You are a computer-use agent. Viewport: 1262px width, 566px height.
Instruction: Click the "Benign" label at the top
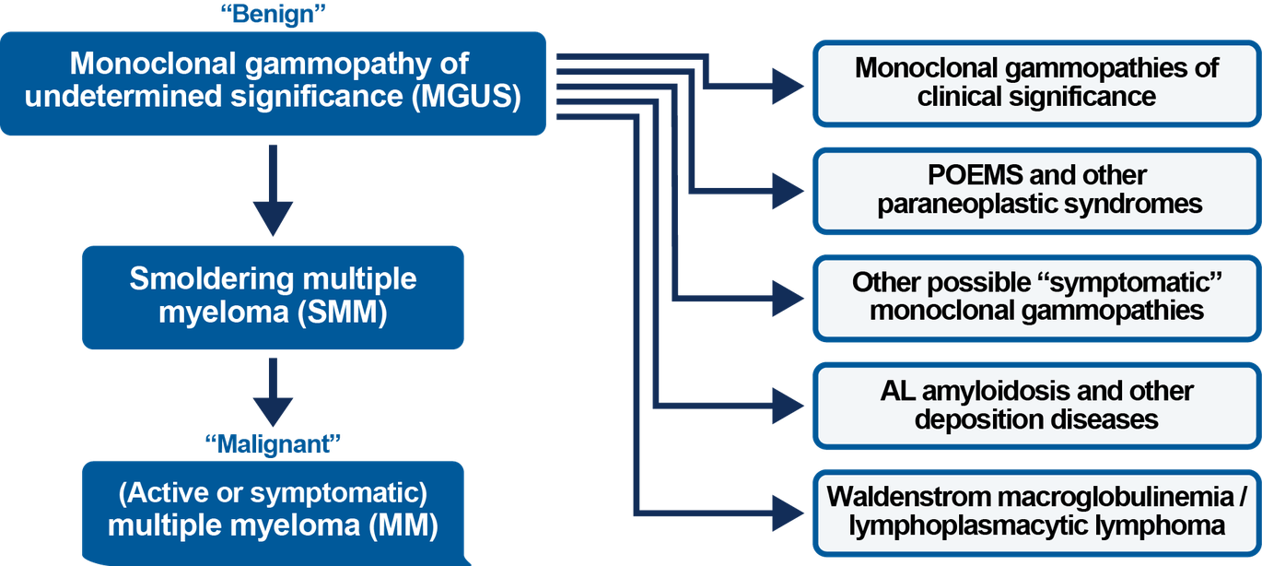click(274, 15)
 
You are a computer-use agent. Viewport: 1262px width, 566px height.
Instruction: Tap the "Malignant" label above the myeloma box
click(274, 445)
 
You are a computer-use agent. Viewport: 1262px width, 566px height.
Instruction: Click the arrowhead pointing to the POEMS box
click(789, 193)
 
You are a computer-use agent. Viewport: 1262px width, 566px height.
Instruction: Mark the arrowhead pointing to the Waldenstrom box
click(789, 511)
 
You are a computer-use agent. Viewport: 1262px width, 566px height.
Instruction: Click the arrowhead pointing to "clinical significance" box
click(789, 88)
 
